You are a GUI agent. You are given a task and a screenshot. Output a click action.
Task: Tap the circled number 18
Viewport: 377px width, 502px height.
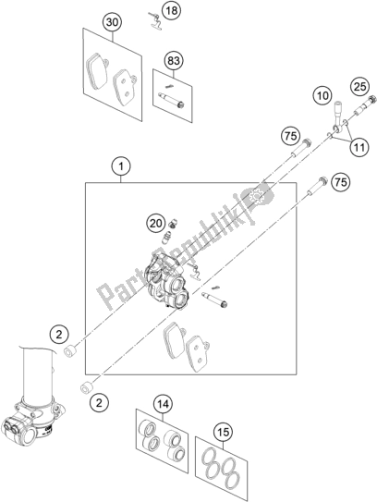(172, 10)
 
